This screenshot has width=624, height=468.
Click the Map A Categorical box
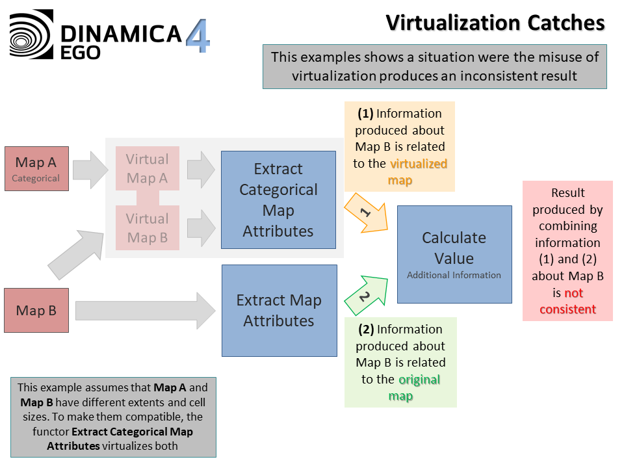36,168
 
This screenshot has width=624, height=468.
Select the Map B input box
36,310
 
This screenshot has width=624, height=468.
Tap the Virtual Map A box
147,168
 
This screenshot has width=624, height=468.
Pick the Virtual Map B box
147,227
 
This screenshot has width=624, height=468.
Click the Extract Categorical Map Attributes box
278,200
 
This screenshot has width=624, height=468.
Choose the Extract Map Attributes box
279,310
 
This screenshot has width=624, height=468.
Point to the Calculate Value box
454,254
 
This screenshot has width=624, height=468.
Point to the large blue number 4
198,36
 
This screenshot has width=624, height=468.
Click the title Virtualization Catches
495,23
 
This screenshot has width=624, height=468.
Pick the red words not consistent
567,301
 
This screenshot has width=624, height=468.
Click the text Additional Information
454,275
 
